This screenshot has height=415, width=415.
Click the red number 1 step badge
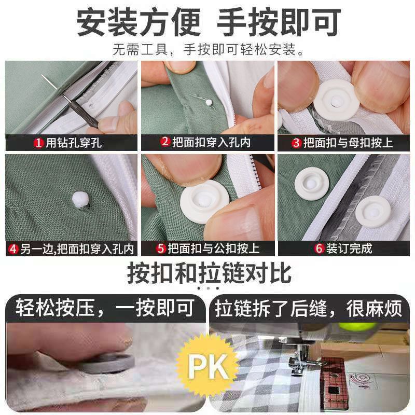38,143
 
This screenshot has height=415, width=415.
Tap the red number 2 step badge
165,142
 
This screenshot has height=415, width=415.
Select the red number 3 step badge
297,143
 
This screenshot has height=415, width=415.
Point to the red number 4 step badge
13,250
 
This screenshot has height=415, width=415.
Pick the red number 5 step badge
161,249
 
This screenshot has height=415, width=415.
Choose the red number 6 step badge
320,248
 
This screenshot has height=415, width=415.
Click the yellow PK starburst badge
209,367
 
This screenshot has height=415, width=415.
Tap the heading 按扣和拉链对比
209,274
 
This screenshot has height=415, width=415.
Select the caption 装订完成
349,248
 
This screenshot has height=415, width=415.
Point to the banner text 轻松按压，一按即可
105,308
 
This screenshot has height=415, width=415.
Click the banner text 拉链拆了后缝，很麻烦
309,308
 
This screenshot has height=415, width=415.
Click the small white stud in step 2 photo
209,102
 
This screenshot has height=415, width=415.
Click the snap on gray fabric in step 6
373,212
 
